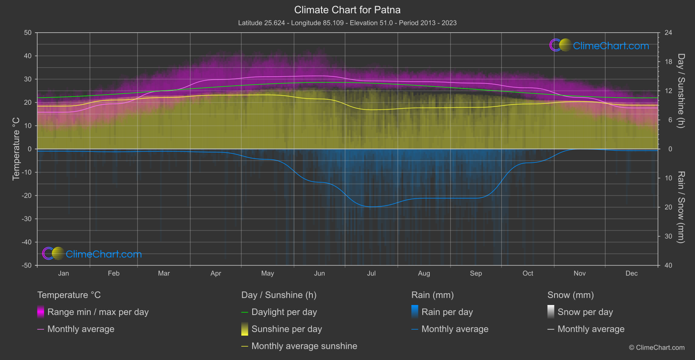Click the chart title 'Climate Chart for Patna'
[347, 10]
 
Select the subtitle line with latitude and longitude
[347, 23]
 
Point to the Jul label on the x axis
[371, 273]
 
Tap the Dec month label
[631, 273]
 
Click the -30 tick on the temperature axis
[27, 219]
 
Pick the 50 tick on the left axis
[28, 33]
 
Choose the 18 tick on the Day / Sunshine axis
[668, 62]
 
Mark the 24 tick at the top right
[668, 33]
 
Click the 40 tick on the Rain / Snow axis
[668, 265]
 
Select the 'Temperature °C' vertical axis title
[16, 149]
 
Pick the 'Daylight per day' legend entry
[284, 312]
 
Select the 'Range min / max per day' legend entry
[98, 312]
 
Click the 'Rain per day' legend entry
[447, 312]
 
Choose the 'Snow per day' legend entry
[585, 312]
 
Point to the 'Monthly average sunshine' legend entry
[304, 346]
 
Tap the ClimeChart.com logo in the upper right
[599, 45]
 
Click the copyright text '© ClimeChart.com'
[657, 347]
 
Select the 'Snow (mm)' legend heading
[570, 295]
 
